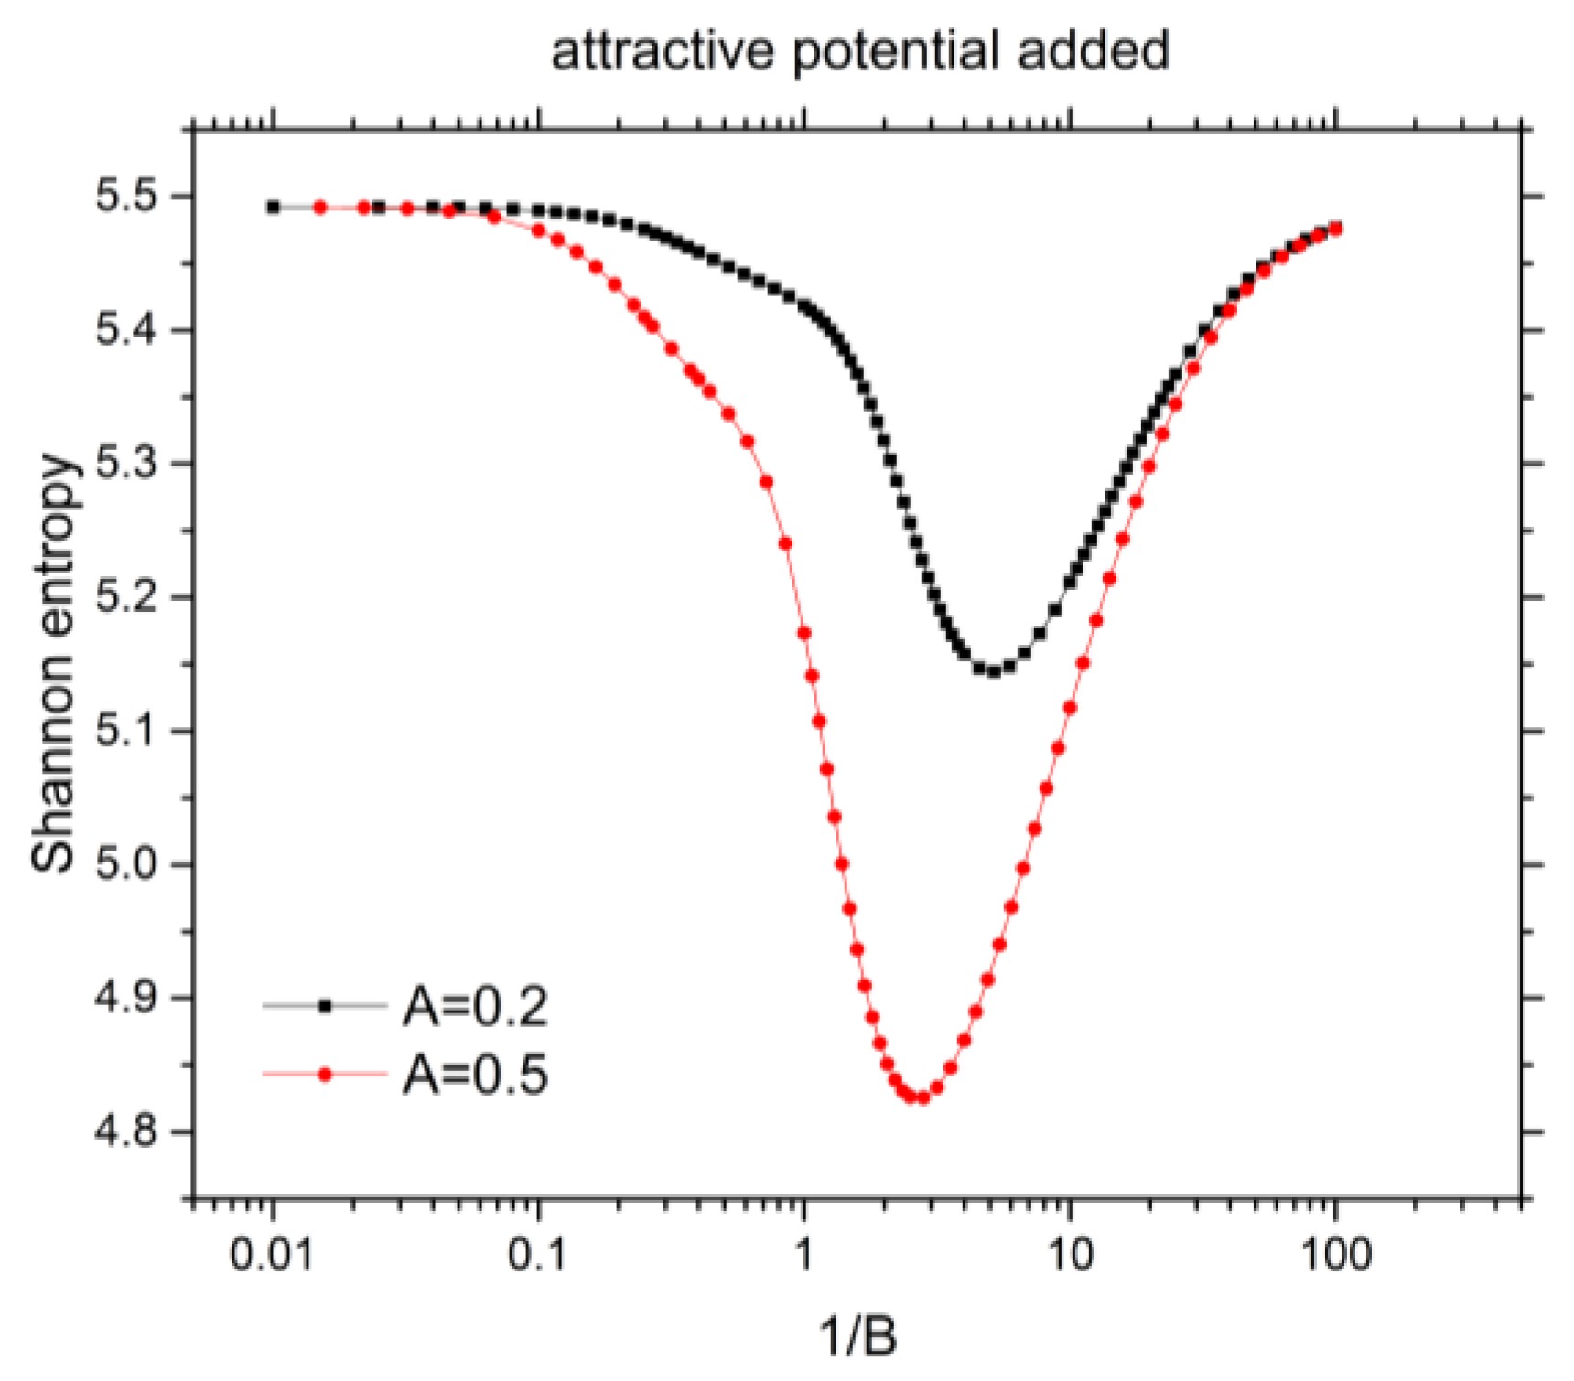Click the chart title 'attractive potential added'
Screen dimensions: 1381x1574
(x=859, y=49)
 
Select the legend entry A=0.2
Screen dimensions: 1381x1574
(x=475, y=1007)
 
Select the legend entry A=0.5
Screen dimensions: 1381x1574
(x=475, y=1074)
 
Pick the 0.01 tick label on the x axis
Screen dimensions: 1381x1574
(x=272, y=1254)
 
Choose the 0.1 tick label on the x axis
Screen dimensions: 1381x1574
(x=538, y=1254)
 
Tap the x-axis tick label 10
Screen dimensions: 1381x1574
(x=1069, y=1254)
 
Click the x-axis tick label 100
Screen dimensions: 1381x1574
(x=1333, y=1254)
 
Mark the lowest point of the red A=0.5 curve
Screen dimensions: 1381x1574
(x=916, y=1097)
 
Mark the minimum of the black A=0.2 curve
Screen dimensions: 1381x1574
(x=994, y=671)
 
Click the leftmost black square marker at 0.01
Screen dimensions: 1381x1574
(x=274, y=208)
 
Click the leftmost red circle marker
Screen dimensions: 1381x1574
(x=320, y=208)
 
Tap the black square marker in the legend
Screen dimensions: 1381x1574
(x=325, y=1006)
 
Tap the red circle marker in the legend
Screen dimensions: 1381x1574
(x=325, y=1074)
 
